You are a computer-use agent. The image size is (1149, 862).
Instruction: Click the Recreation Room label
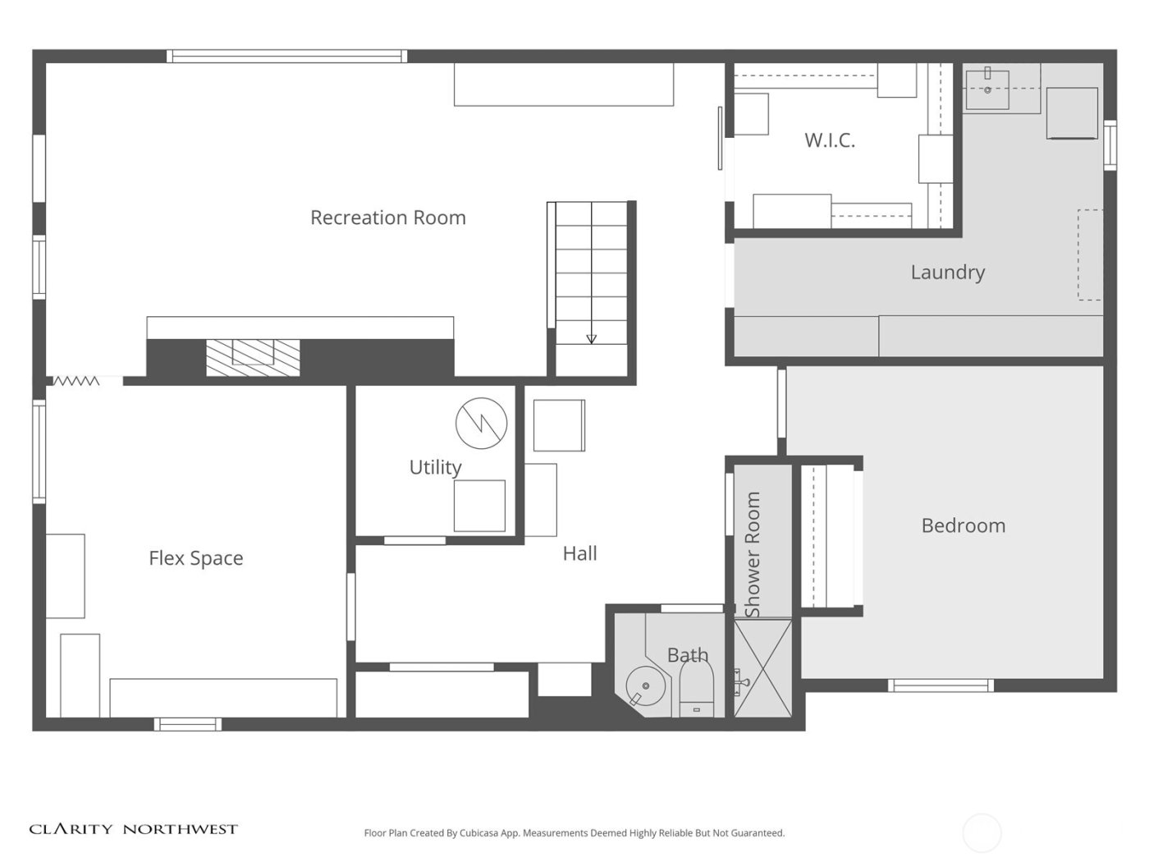387,218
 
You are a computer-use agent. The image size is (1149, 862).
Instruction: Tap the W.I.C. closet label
829,140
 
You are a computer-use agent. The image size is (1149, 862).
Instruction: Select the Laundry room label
947,272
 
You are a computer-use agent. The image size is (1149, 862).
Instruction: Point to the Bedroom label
963,525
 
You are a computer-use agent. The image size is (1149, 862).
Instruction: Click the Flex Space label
195,558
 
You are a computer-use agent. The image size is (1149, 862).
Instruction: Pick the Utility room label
435,467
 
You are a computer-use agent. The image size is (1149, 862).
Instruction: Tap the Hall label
579,553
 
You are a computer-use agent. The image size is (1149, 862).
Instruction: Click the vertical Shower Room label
753,554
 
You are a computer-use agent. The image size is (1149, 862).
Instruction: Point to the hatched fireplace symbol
252,358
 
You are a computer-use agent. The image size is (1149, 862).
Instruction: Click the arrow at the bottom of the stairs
591,338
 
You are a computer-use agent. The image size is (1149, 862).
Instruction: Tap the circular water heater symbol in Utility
481,423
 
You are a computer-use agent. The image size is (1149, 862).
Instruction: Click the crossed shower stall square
762,668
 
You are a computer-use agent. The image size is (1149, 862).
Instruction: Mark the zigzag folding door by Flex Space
76,381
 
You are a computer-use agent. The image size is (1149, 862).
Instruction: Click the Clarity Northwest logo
133,829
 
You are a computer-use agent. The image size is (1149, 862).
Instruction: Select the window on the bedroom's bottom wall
941,685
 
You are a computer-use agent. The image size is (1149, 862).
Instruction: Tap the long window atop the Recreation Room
286,57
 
